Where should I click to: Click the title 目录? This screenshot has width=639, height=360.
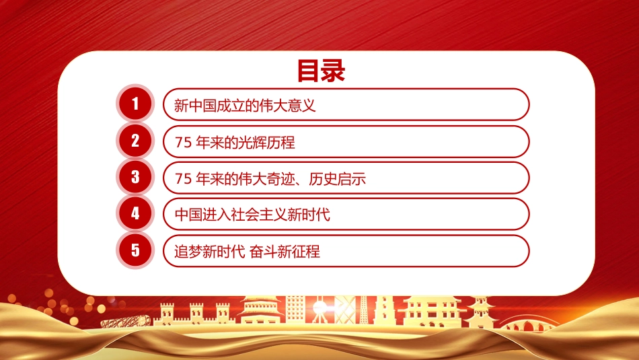pyautogui.click(x=321, y=71)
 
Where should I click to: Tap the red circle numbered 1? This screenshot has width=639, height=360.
pyautogui.click(x=135, y=104)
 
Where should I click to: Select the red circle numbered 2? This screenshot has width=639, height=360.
pyautogui.click(x=135, y=141)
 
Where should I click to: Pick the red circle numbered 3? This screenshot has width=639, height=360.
pyautogui.click(x=135, y=177)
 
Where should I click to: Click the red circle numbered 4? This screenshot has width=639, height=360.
pyautogui.click(x=135, y=213)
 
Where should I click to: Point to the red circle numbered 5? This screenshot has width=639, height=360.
pyautogui.click(x=135, y=250)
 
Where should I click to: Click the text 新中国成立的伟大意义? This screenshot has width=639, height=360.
pyautogui.click(x=245, y=106)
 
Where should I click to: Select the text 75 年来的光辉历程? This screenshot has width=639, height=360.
pyautogui.click(x=235, y=142)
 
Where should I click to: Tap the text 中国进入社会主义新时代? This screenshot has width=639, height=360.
pyautogui.click(x=252, y=215)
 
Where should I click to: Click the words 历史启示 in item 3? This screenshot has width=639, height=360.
pyautogui.click(x=337, y=178)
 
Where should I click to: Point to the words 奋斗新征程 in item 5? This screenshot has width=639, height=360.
pyautogui.click(x=285, y=251)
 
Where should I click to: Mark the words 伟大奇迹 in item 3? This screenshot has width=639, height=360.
pyautogui.click(x=266, y=178)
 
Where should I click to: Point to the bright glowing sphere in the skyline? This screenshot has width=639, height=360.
pyautogui.click(x=319, y=309)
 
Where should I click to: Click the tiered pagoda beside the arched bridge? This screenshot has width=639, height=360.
pyautogui.click(x=481, y=312)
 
